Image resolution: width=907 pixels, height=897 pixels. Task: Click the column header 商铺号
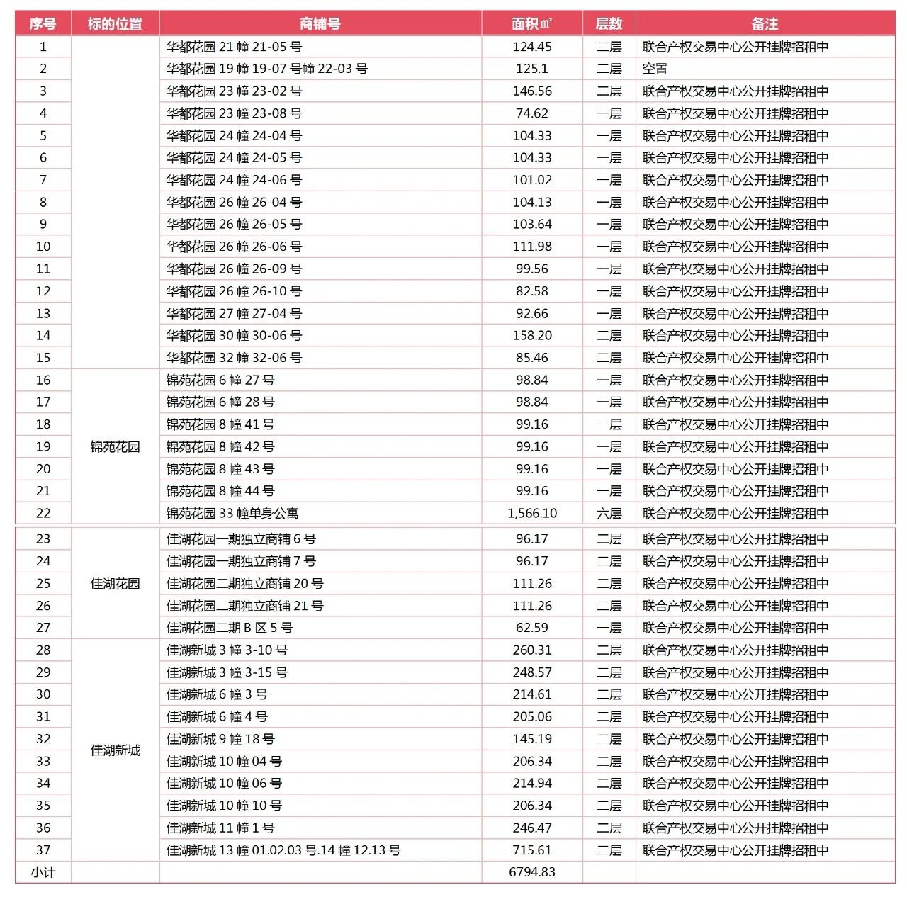click(x=320, y=23)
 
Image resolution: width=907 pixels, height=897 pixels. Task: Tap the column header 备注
click(x=765, y=23)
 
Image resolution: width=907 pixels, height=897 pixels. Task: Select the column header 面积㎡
click(x=531, y=23)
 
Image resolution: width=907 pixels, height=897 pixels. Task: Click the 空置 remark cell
click(x=655, y=69)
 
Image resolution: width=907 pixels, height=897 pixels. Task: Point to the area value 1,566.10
click(x=531, y=513)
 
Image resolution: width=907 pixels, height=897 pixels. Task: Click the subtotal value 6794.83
click(x=531, y=872)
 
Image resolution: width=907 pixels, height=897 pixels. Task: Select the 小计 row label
click(x=43, y=872)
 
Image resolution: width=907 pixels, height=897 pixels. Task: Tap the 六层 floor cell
click(x=609, y=513)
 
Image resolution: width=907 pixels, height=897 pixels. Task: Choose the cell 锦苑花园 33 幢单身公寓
click(x=232, y=513)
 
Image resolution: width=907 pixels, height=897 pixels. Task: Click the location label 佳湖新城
click(x=115, y=750)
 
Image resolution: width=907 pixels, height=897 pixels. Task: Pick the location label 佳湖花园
click(x=115, y=584)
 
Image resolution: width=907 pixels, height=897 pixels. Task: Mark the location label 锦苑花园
click(x=115, y=447)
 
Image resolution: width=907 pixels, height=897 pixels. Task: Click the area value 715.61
click(x=531, y=850)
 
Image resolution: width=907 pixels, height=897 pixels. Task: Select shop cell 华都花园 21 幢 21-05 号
click(x=234, y=47)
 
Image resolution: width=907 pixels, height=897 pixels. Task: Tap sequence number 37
click(x=43, y=850)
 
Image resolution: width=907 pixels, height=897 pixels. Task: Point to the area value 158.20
click(x=531, y=335)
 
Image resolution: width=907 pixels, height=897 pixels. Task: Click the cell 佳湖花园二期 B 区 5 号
click(x=229, y=628)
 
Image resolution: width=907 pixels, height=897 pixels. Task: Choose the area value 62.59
click(x=531, y=628)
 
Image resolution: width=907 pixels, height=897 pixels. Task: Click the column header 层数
click(x=609, y=23)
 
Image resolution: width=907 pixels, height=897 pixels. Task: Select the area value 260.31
click(x=531, y=650)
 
